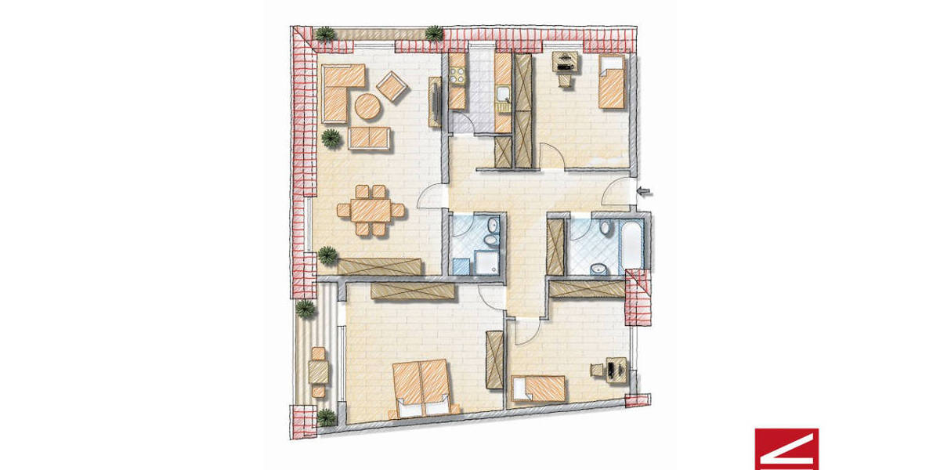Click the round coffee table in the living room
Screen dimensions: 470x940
click(x=366, y=105)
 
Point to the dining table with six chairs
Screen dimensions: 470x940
click(x=371, y=211)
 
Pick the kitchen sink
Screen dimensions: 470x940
click(x=504, y=97)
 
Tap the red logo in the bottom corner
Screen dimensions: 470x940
click(x=786, y=449)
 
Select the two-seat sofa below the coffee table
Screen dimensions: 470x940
click(x=368, y=136)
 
